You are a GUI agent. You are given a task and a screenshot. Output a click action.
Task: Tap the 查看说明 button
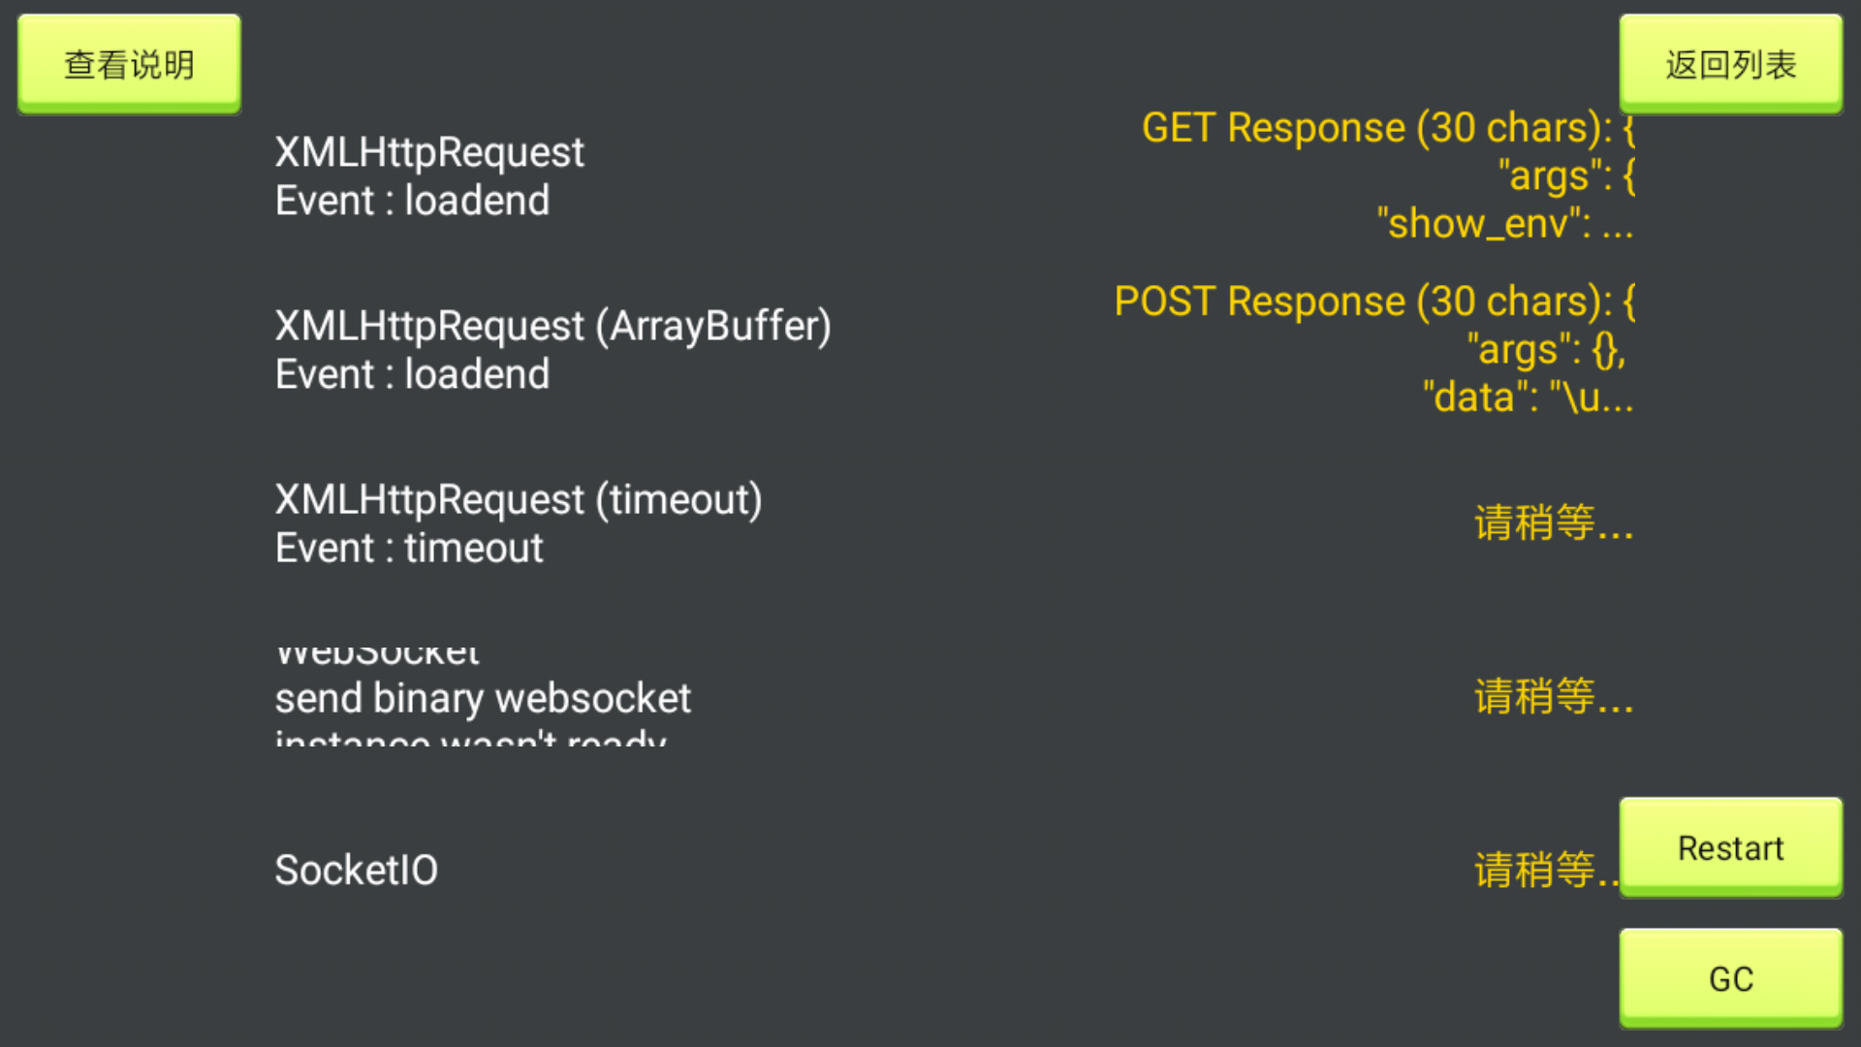coord(129,64)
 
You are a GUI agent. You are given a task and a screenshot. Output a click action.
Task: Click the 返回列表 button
coord(1730,64)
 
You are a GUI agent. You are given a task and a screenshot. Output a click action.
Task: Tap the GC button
coord(1730,978)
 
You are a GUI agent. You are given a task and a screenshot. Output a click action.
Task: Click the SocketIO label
coord(356,870)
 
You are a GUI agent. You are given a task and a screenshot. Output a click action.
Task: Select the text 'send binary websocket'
coord(483,698)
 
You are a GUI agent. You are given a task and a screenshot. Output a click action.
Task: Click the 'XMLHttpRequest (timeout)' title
coord(519,499)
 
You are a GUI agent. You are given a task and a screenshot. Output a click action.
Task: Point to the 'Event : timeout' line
coord(409,549)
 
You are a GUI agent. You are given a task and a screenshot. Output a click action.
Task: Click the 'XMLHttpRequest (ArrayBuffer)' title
coord(552,326)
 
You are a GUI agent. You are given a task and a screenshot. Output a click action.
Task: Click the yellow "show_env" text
coord(1483,224)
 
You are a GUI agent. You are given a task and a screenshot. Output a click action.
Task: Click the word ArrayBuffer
coord(713,326)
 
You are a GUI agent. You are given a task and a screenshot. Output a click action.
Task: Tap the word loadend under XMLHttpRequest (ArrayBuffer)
coord(477,374)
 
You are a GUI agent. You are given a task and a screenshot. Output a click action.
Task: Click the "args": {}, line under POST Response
coord(1546,350)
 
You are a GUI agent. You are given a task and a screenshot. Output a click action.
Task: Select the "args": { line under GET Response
coord(1566,176)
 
